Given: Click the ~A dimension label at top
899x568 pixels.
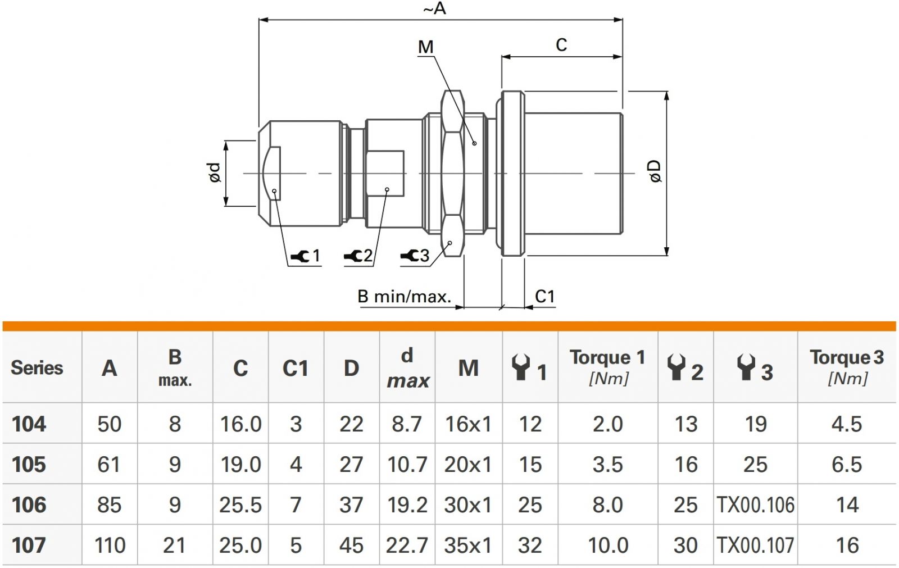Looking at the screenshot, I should (x=434, y=8).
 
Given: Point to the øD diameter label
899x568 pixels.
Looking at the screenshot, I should (x=655, y=171).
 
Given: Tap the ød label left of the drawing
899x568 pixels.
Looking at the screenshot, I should (x=215, y=172).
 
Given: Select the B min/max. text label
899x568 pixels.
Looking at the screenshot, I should (x=404, y=296).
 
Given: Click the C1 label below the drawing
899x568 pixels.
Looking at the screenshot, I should (x=544, y=296).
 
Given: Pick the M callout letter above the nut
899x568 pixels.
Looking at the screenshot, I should (x=426, y=47).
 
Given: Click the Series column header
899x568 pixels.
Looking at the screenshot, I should (x=37, y=367).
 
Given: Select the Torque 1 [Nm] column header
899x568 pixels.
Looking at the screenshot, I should (x=607, y=366).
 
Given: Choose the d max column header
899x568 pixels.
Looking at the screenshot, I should (x=407, y=367).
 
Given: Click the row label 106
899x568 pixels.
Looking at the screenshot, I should (x=29, y=505).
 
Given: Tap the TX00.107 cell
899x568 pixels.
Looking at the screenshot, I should (x=755, y=545).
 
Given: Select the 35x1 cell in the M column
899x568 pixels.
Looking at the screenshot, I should (x=467, y=545).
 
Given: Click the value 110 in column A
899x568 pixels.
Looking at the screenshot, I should (x=110, y=545).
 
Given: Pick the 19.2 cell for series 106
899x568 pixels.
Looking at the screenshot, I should (x=407, y=505).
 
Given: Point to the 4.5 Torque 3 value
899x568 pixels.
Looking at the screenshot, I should (x=846, y=424).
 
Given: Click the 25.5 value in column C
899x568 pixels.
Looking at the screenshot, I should (x=240, y=505).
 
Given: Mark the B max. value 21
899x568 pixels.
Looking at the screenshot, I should (x=174, y=545).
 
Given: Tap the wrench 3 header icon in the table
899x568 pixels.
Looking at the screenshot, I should (x=746, y=367).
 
